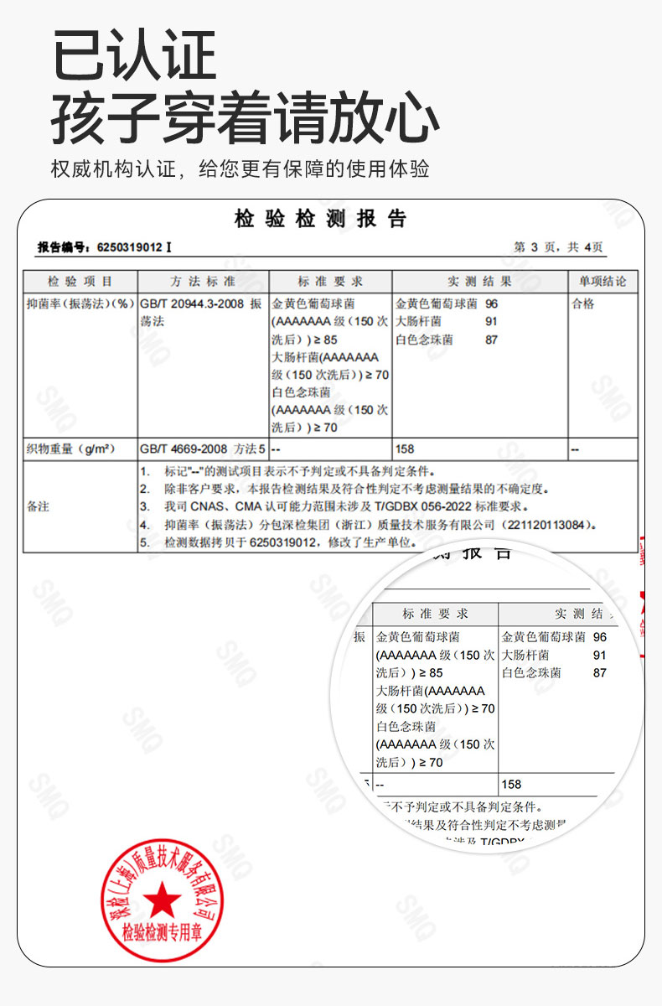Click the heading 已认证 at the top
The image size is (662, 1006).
pyautogui.click(x=134, y=55)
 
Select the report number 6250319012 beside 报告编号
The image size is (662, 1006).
pyautogui.click(x=130, y=247)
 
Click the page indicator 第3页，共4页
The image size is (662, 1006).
pyautogui.click(x=557, y=247)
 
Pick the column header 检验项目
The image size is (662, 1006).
pyautogui.click(x=80, y=282)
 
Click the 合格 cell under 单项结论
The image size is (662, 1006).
pyautogui.click(x=583, y=304)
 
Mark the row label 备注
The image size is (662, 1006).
pyautogui.click(x=39, y=506)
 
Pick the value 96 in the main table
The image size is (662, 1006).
pyautogui.click(x=491, y=304)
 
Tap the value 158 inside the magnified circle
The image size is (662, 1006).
pyautogui.click(x=511, y=785)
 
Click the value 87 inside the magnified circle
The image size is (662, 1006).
pyautogui.click(x=599, y=672)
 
